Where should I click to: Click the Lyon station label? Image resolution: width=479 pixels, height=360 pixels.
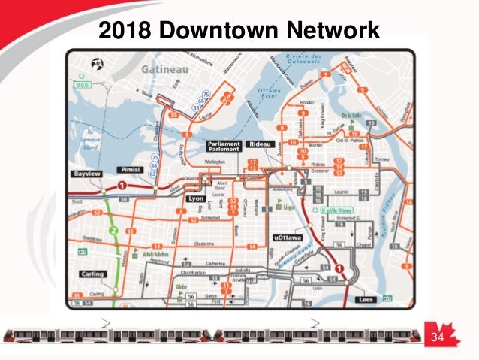194,198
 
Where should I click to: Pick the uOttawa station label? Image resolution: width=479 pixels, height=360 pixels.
286,238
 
